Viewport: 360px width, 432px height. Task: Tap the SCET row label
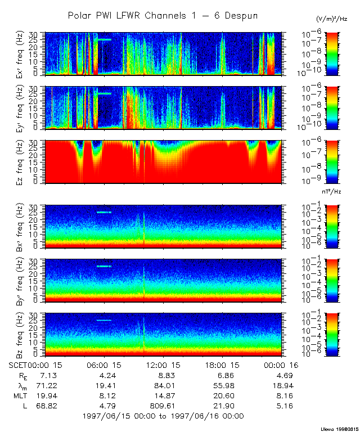(x=19, y=365)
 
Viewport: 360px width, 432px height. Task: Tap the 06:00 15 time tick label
(x=105, y=365)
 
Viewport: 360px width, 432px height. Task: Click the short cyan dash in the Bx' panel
(x=104, y=212)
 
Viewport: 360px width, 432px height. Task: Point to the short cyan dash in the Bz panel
(x=104, y=320)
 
